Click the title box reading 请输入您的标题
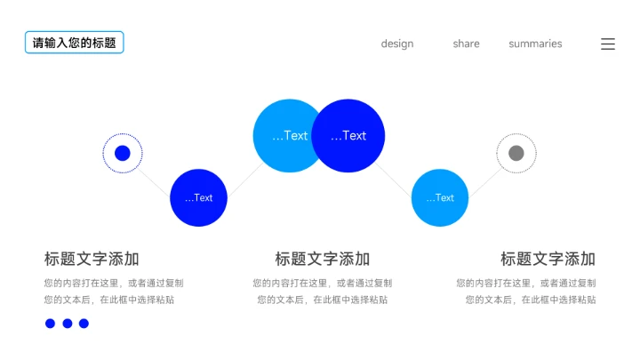(74, 43)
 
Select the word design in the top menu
(397, 44)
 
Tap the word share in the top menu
(466, 44)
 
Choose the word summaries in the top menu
(535, 44)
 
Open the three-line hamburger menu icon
(608, 44)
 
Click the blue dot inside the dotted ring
(123, 153)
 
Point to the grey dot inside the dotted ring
(516, 153)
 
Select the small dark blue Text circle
(199, 197)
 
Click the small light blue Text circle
(440, 197)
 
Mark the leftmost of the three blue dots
(51, 324)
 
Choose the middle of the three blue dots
(68, 324)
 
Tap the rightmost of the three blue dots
(84, 324)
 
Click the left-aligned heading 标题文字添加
(92, 259)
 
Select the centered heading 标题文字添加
(322, 259)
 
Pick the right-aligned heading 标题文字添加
(548, 259)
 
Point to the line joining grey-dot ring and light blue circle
(484, 180)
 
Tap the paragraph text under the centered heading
(322, 292)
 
